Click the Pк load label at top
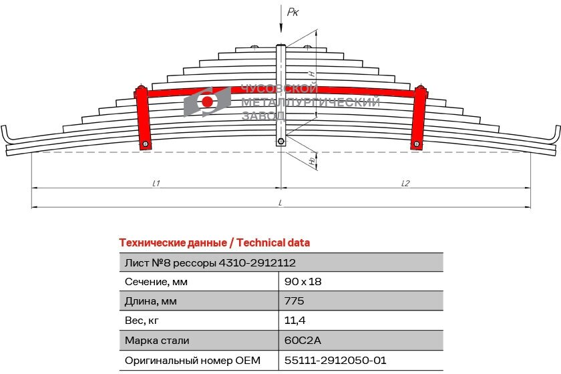[293, 11]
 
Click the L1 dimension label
[156, 183]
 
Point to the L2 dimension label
[405, 183]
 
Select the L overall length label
[281, 202]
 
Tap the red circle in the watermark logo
[208, 102]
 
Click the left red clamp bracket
[142, 118]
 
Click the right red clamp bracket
[419, 118]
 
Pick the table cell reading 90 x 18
[303, 282]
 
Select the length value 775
[294, 301]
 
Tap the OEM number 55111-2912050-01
[335, 360]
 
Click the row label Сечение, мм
[156, 282]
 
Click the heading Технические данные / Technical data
[214, 242]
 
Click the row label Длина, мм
[151, 301]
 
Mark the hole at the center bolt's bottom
[281, 141]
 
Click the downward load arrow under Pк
[281, 23]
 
